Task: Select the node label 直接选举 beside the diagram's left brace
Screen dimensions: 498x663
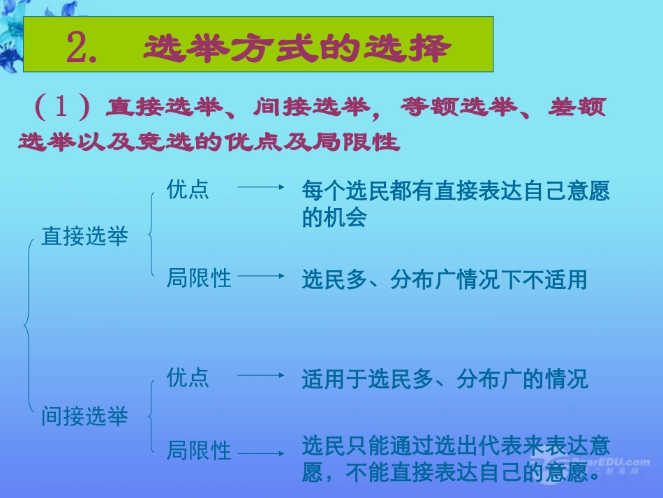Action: [x=85, y=237]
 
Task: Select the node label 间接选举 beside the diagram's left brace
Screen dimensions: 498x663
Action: [x=85, y=417]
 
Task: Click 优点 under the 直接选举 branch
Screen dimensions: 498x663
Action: [x=188, y=190]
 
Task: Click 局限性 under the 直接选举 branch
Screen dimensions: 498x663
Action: [x=199, y=279]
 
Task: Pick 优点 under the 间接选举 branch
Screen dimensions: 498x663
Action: [x=188, y=378]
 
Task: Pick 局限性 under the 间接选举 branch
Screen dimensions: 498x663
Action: [x=199, y=451]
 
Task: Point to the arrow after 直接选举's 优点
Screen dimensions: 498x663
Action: [x=260, y=187]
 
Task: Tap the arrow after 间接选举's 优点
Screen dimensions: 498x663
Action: [x=260, y=375]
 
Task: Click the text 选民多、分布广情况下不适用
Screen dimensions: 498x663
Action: [x=445, y=280]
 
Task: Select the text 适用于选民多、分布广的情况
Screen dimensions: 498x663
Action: [x=445, y=379]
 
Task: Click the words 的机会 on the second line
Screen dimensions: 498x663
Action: [x=334, y=217]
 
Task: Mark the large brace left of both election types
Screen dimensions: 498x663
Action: [x=27, y=324]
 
